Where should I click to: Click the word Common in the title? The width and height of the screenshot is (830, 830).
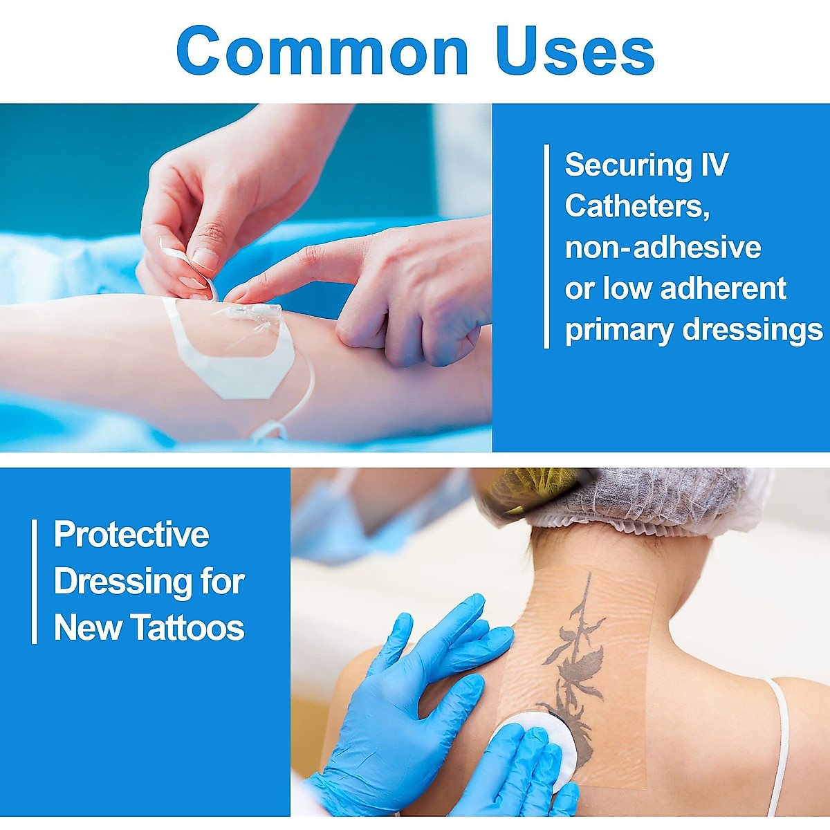click(322, 50)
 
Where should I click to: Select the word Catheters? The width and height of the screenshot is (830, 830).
click(637, 207)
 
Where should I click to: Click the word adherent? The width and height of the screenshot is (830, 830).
click(723, 288)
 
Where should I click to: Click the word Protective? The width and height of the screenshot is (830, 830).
click(131, 534)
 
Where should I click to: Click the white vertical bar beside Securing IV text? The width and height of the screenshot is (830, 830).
click(546, 246)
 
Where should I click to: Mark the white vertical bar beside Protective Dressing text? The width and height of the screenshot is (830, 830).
click(35, 582)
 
